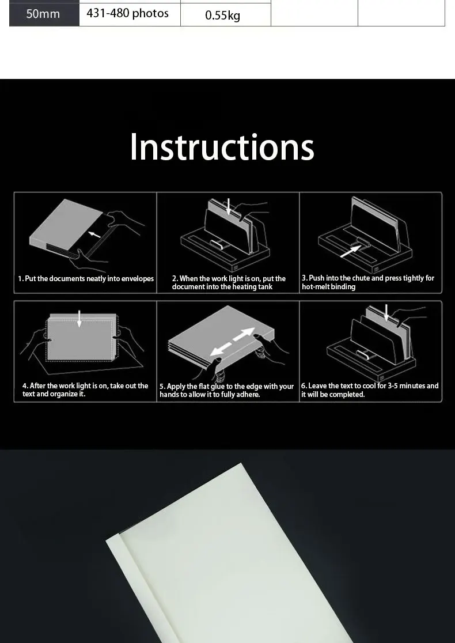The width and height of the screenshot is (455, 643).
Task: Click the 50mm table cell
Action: pos(43,14)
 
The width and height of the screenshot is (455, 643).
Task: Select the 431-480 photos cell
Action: pos(128,13)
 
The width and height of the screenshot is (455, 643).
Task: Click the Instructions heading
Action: pos(222,147)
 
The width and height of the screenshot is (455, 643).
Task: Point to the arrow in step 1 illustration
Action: pos(94,233)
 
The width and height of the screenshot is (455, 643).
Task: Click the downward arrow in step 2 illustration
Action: pos(229,206)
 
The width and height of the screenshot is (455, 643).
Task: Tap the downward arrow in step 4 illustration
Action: pos(79,318)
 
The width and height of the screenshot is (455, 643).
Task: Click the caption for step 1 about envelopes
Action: pos(86,279)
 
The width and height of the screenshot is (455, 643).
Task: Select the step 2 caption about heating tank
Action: pos(228,282)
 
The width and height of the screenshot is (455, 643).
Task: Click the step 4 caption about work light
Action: pos(85,389)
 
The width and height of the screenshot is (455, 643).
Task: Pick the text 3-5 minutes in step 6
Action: pos(399,386)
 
